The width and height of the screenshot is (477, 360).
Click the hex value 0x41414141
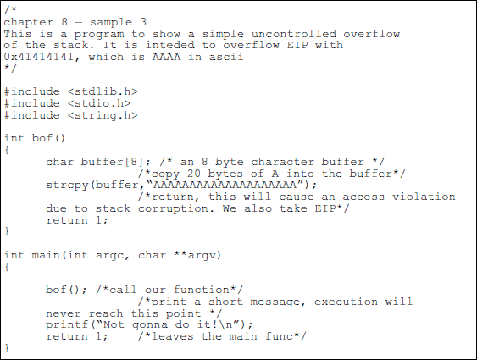tap(38, 57)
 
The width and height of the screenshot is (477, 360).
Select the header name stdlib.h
tap(103, 91)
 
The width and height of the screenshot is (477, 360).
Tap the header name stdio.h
tap(99, 103)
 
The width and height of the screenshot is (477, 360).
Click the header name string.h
tap(103, 115)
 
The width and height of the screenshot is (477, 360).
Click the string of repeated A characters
tap(225, 185)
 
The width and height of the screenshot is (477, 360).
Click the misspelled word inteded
tap(169, 45)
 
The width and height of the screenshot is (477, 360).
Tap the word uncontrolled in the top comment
tap(294, 34)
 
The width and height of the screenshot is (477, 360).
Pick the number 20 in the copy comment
tap(193, 174)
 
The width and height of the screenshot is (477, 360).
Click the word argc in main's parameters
tap(109, 255)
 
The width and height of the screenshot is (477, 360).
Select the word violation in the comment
tap(424, 197)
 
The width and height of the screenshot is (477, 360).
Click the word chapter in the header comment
tap(28, 22)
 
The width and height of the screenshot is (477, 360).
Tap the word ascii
tap(225, 57)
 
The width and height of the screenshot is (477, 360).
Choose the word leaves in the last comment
tap(172, 336)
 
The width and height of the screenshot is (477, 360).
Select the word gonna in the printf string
tap(150, 324)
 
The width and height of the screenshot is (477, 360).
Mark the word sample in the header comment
tap(111, 22)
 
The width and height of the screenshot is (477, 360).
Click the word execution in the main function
tap(346, 302)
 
